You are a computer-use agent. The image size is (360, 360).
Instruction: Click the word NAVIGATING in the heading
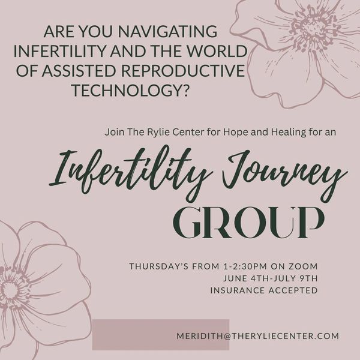167,31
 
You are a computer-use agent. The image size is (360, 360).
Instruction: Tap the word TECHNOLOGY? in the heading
131,90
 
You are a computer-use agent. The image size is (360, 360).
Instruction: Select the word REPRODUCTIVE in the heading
183,70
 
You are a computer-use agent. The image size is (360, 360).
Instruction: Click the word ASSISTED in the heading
79,70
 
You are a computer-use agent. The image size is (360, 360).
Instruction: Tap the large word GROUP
248,223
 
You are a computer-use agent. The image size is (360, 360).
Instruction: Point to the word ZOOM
303,266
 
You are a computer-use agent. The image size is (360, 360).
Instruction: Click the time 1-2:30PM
245,266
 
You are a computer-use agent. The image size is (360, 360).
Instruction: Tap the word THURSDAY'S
158,266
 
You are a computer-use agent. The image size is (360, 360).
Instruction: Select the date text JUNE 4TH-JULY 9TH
271,278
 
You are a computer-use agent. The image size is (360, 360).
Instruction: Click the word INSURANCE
237,290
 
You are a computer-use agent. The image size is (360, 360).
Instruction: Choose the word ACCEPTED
293,290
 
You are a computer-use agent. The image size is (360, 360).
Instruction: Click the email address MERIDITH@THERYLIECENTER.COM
258,336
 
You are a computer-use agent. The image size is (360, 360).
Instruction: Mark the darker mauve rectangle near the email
161,335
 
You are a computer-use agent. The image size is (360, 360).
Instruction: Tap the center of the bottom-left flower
9,290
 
